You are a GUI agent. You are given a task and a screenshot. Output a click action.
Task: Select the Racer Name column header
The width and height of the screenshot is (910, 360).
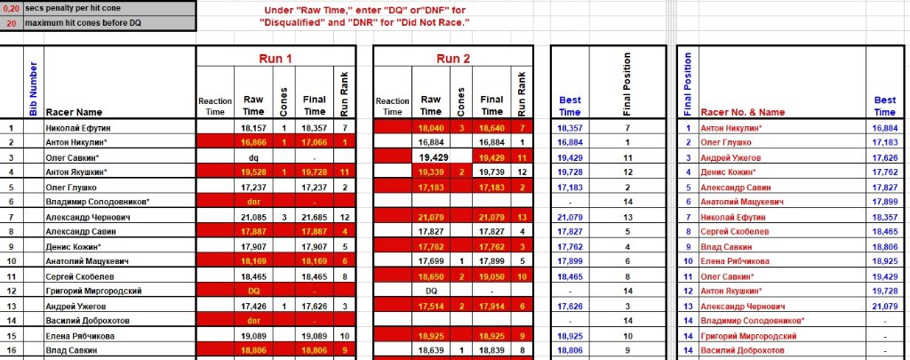pos(74,112)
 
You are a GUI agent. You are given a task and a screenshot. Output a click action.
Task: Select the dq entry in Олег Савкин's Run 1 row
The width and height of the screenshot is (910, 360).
pos(252,157)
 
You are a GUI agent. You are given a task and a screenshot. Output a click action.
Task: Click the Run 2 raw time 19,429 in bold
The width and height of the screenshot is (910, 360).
pos(430,157)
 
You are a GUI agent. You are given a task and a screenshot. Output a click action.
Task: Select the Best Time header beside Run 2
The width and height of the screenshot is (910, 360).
pos(570,106)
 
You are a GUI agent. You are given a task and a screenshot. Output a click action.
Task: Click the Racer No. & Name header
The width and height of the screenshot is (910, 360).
pos(743,112)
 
